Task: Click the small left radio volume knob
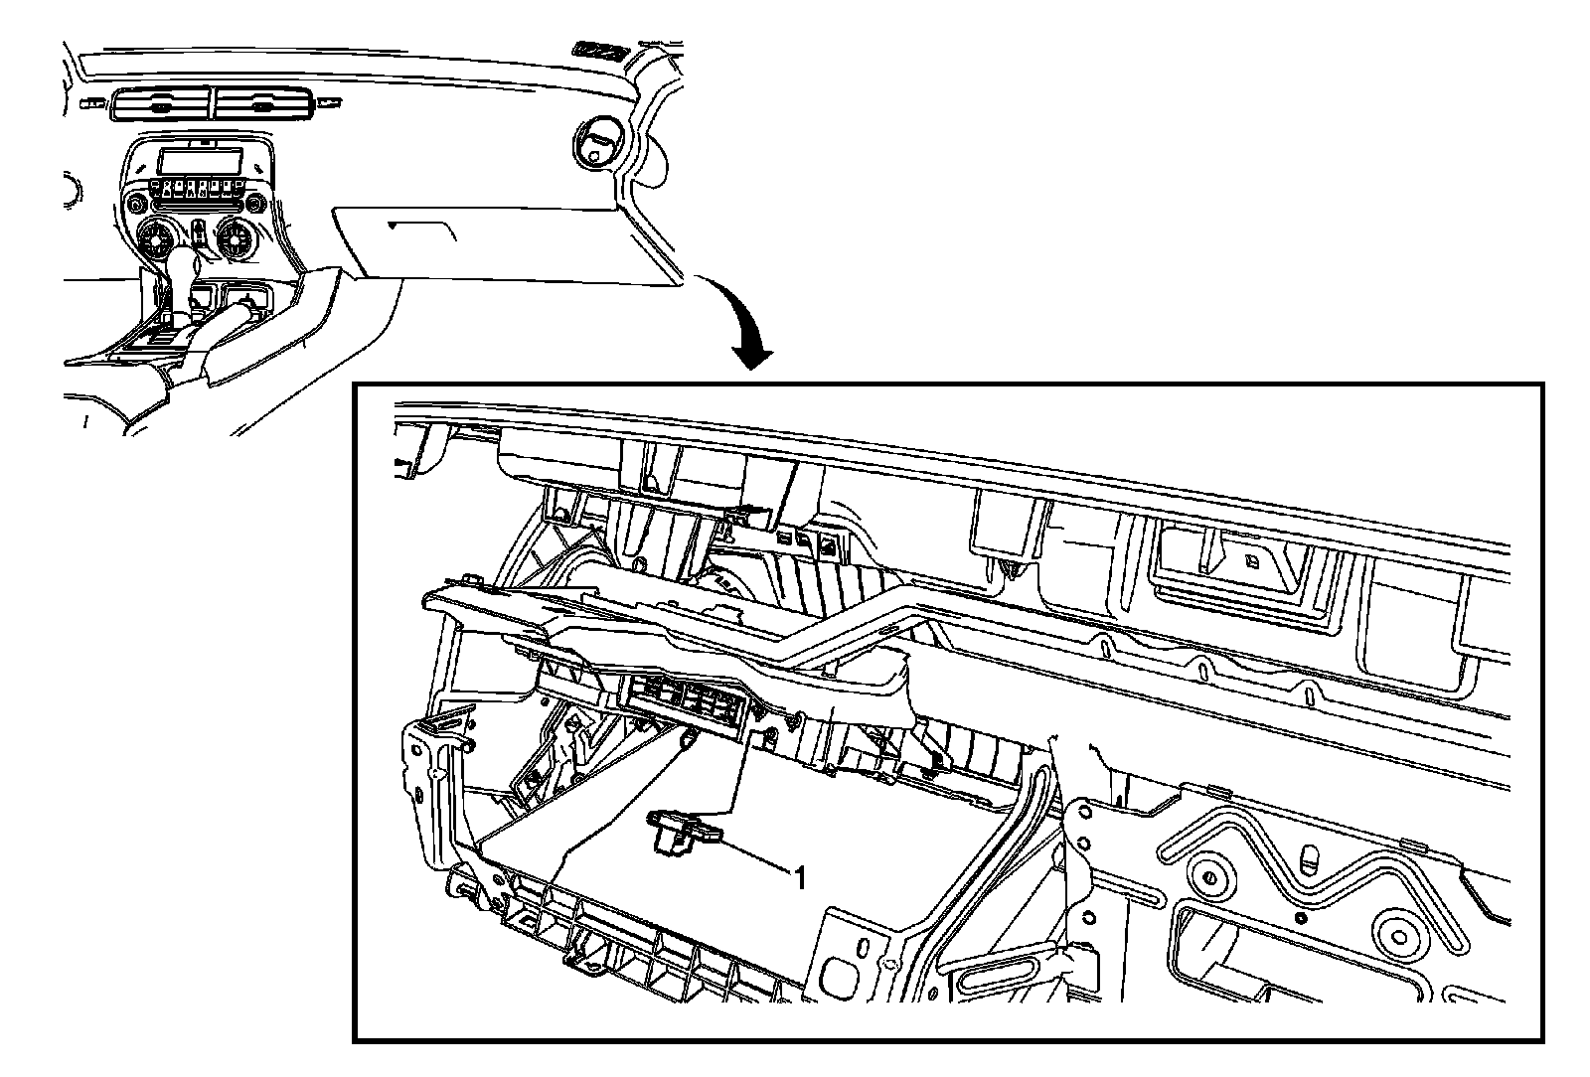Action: [x=133, y=205]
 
